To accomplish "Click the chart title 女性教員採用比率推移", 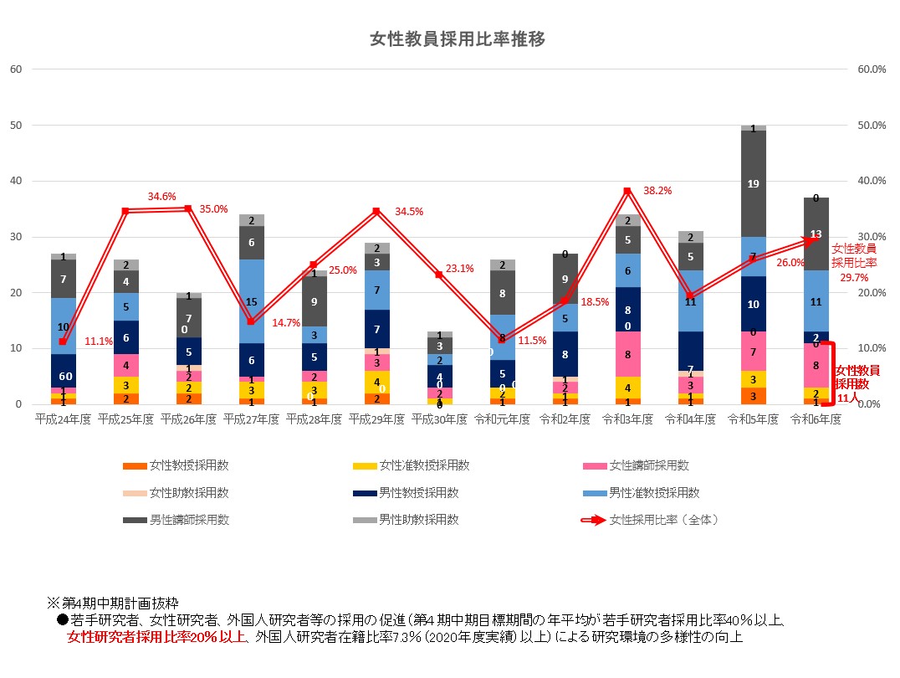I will pos(458,39).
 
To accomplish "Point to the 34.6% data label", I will pos(161,196).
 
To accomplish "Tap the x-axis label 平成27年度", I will pos(251,419).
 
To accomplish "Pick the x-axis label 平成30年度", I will pos(439,419).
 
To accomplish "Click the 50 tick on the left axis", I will pos(15,126).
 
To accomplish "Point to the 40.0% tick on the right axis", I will pos(872,181).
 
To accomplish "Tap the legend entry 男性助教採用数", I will pos(419,520).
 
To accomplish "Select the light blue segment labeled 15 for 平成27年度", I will pos(251,301).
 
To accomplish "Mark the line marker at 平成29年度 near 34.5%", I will pos(376,211).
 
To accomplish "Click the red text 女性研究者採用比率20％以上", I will pos(156,637).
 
